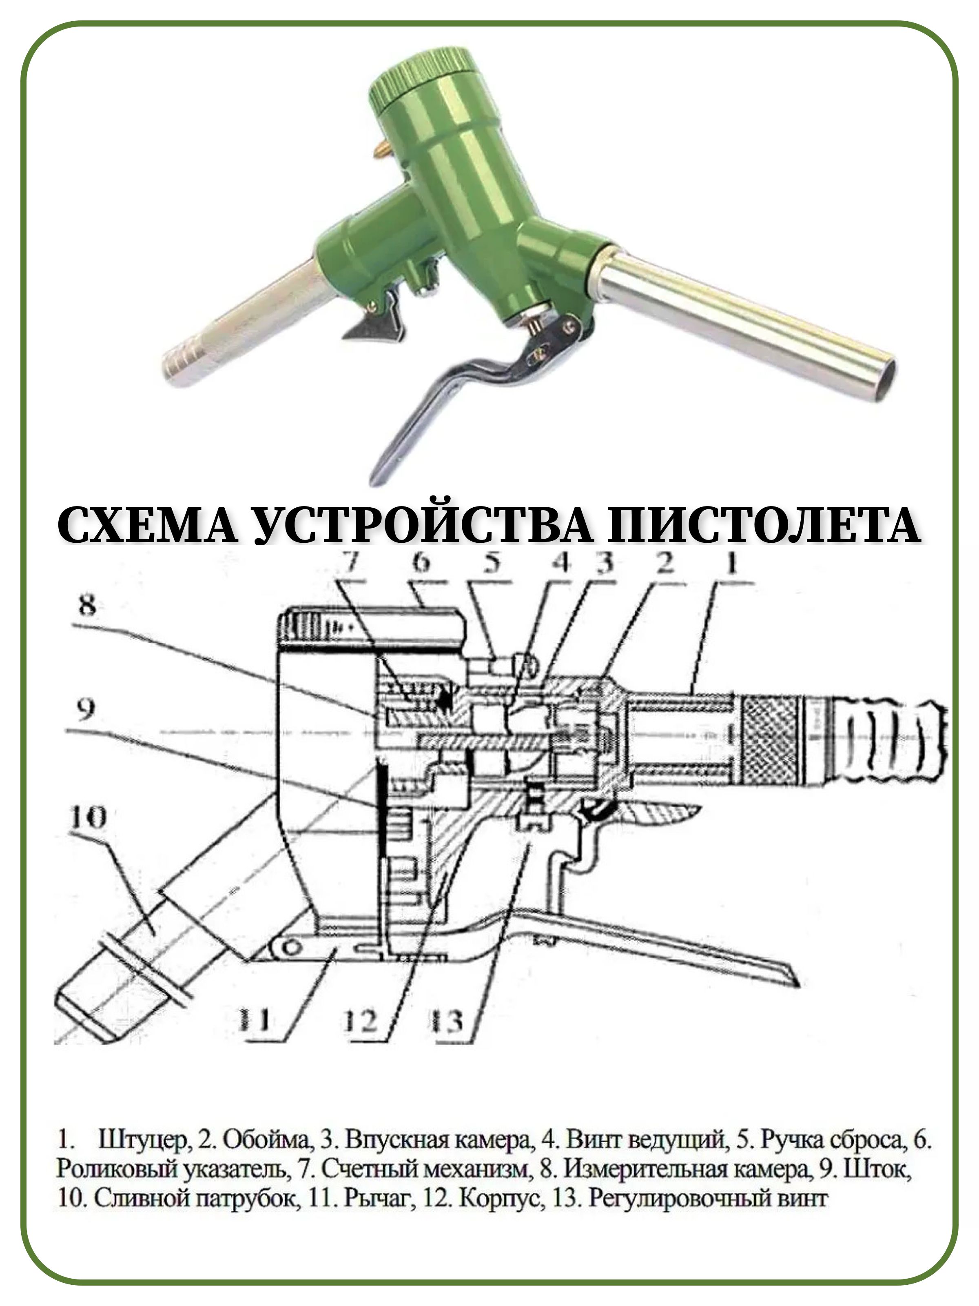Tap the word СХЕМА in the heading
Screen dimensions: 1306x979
point(148,525)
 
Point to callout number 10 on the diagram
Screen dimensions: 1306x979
point(88,818)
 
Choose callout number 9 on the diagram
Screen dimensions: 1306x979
point(86,710)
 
